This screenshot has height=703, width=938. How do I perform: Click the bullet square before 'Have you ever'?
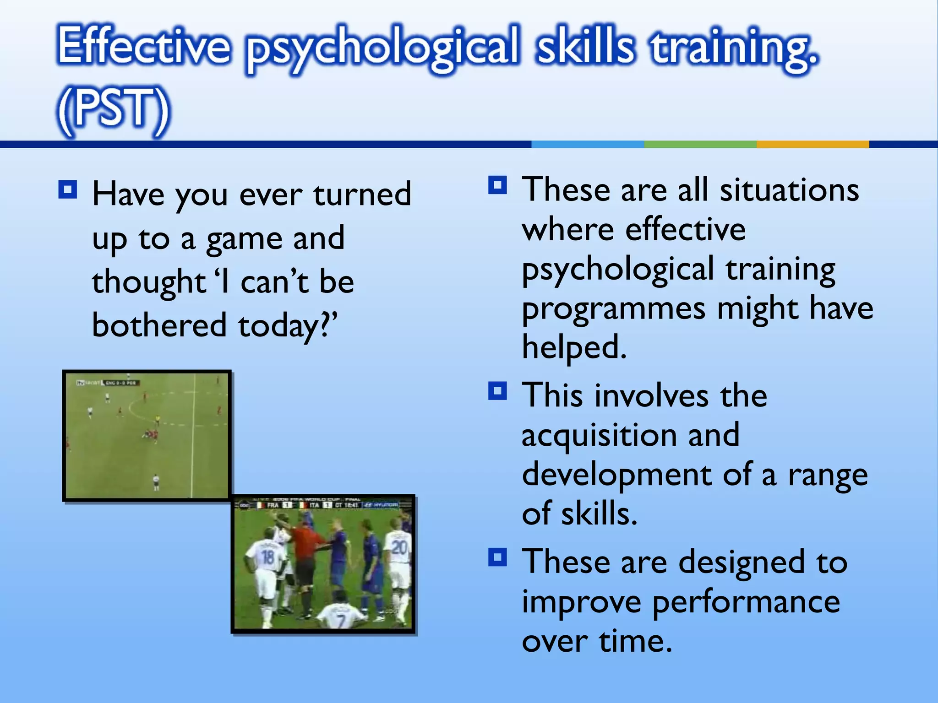[x=68, y=189]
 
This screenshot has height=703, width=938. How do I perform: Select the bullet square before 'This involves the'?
[x=497, y=391]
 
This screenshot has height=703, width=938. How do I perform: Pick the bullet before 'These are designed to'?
[x=497, y=557]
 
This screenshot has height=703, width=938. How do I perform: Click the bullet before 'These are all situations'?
[x=497, y=185]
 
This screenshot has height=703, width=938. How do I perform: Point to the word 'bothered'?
[x=159, y=325]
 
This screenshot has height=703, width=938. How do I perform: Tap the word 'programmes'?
[x=614, y=309]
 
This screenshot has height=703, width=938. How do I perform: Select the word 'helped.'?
[x=574, y=347]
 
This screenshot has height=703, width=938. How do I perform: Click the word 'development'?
[x=616, y=475]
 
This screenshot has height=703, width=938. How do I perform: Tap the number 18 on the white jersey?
[x=267, y=557]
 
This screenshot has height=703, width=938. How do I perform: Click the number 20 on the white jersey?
[x=399, y=547]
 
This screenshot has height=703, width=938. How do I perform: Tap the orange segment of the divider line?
[x=813, y=144]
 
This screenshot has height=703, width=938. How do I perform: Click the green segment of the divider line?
[x=700, y=144]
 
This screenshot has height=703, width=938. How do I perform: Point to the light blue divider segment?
[x=588, y=144]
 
